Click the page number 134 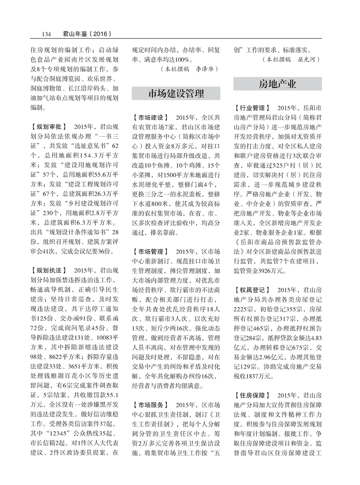[x=47, y=33]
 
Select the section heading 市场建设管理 [x=176, y=94]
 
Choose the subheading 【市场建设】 [x=150, y=118]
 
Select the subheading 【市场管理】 [x=150, y=252]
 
